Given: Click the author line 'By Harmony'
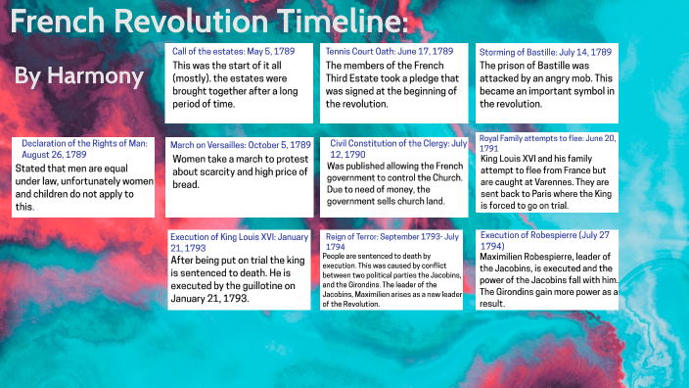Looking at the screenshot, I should [x=79, y=76].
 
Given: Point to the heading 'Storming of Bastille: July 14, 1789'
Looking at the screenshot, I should [x=545, y=51].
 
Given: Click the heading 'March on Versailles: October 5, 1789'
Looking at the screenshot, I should [x=240, y=144].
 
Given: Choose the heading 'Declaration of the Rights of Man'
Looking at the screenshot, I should [x=84, y=148].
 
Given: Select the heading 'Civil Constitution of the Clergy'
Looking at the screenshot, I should [x=396, y=149].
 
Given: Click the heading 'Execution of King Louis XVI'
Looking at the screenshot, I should [x=239, y=241].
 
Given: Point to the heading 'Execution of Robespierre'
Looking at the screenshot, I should [x=542, y=241].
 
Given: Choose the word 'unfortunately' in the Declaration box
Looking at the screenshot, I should [x=109, y=181].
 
